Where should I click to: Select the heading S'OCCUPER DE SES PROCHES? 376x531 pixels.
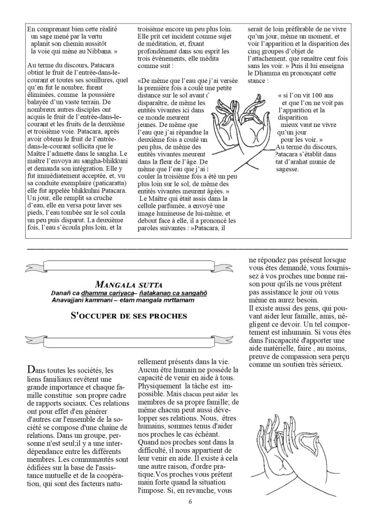(x=129, y=316)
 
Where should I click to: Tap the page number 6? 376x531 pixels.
(x=189, y=502)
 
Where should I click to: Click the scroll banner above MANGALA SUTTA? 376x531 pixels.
(x=128, y=265)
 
